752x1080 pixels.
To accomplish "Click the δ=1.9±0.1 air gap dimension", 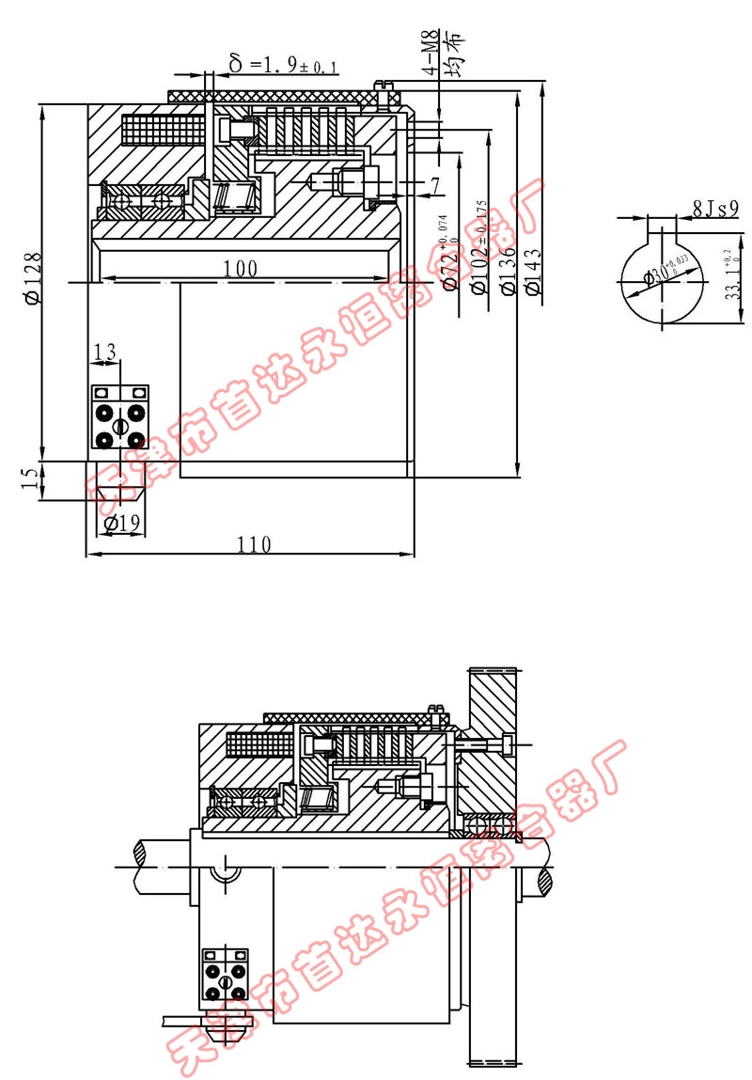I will (x=283, y=64).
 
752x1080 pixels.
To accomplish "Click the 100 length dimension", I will (x=241, y=268).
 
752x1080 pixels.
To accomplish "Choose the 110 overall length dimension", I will (x=253, y=543).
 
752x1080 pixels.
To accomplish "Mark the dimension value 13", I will (x=105, y=352).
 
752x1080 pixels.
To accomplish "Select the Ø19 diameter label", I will (x=122, y=524).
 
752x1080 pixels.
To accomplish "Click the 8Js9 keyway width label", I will (x=714, y=208).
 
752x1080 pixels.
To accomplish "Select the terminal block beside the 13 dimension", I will (x=119, y=416).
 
